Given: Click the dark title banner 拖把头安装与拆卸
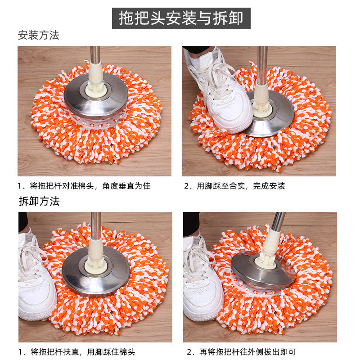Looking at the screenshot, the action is (181, 18).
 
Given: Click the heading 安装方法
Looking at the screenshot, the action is (39, 36).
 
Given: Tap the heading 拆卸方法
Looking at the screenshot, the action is (39, 201).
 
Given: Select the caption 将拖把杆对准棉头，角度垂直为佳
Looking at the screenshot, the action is (90, 186).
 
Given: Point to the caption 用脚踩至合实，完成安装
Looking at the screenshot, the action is (241, 186).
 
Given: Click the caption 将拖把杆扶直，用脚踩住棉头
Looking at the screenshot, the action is (83, 352).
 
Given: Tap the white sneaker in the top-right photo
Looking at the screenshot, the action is (220, 92).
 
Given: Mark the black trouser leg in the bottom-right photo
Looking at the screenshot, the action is (191, 224).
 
